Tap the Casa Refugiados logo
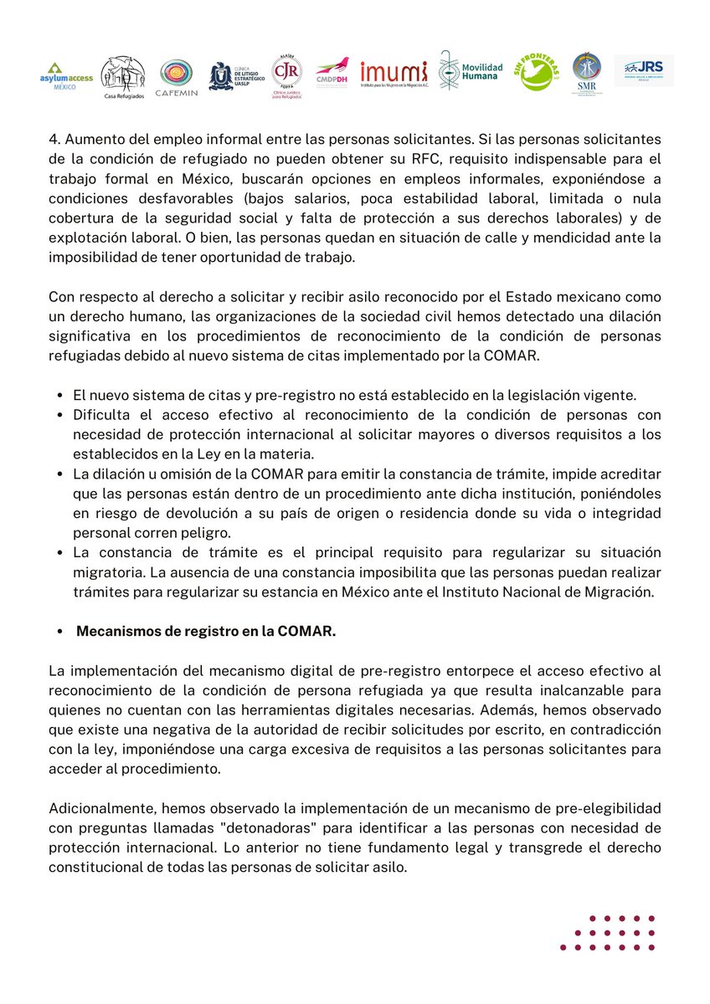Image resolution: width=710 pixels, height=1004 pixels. coord(122,75)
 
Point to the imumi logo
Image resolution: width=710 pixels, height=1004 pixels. coord(394,74)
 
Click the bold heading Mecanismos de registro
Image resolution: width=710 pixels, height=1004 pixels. coord(206,631)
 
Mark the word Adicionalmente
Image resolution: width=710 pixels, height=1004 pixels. coord(96,809)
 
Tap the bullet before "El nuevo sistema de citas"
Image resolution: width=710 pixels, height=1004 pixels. coord(60,396)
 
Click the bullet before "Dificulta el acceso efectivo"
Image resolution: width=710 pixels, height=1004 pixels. coord(60,415)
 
